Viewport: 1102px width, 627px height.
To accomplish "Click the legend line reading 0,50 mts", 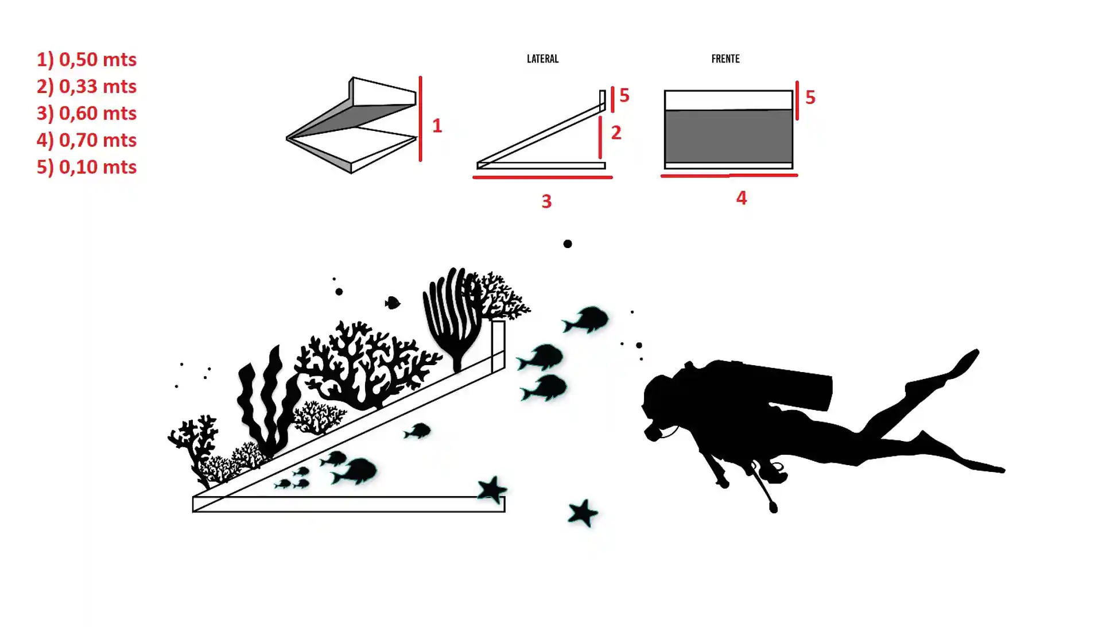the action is [87, 59].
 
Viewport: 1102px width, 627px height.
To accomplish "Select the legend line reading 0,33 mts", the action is [87, 86].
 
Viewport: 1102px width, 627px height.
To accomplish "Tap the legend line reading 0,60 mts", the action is [87, 113].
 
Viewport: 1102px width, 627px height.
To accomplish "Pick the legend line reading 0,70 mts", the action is [87, 140].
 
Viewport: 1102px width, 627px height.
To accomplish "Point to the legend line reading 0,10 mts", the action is [87, 167].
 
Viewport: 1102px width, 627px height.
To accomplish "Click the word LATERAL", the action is [542, 59].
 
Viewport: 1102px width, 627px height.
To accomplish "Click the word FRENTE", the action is [725, 59].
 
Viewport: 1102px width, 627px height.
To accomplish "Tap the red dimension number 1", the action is [437, 126].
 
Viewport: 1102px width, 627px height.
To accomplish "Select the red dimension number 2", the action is [616, 133].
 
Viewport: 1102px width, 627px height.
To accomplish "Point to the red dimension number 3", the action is [546, 201].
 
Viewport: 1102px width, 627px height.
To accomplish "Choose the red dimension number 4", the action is [742, 198].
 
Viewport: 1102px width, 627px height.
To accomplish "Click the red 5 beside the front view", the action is [810, 97].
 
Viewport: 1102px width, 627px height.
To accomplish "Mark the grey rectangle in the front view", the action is [728, 136].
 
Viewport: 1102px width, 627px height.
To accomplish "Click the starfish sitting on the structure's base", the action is [492, 490].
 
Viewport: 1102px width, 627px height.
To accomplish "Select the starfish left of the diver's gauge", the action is [583, 513].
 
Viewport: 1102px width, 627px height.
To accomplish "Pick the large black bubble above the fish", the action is [568, 244].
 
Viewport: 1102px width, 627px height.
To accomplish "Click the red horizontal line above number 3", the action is [542, 177].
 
